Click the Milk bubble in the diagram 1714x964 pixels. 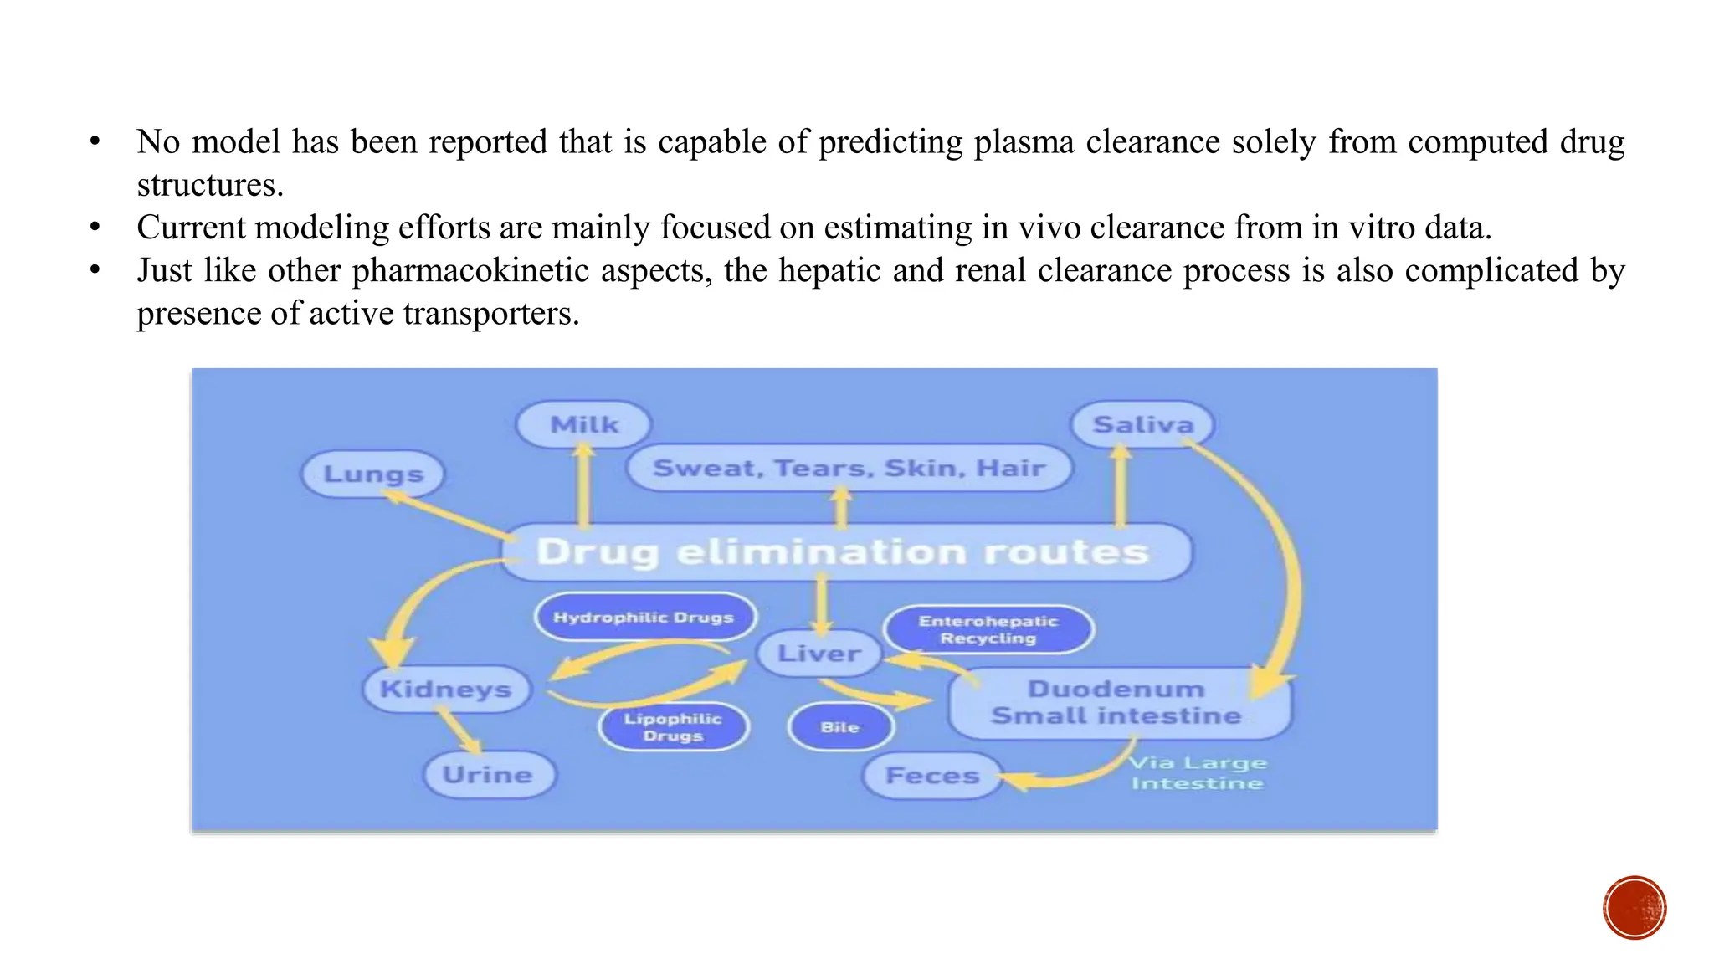583,424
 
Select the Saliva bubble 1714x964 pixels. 1142,424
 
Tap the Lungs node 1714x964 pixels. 373,474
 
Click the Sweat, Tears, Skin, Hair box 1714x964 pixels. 849,468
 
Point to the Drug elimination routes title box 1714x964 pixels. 844,552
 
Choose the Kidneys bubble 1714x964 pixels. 446,690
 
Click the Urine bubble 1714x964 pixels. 488,775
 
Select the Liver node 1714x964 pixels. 819,653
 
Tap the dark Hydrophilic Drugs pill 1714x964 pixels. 644,618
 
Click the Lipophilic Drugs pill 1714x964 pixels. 673,727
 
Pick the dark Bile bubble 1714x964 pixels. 840,727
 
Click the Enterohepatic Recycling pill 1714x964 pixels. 988,629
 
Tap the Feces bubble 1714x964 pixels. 932,776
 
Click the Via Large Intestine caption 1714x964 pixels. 1198,773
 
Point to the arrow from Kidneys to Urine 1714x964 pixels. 459,731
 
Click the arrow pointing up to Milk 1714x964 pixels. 583,485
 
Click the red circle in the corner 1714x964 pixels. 1634,908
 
